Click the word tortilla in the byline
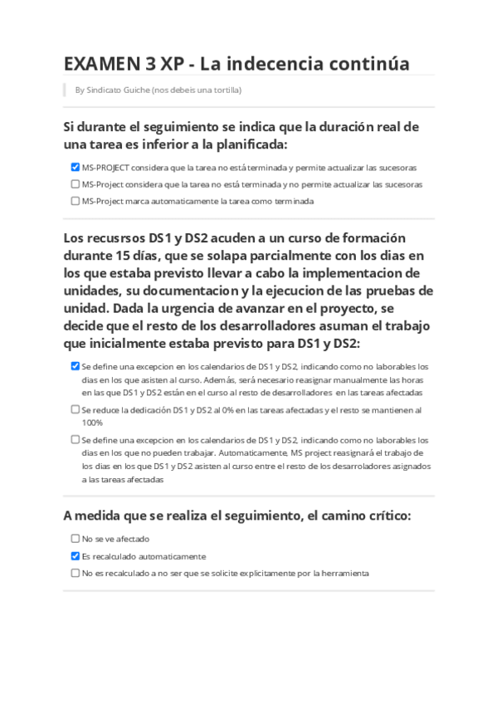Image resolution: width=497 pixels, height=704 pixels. tap(224, 90)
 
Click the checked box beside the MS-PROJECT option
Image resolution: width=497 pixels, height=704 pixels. tap(76, 167)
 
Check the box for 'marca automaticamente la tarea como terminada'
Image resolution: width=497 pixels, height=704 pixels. tap(76, 200)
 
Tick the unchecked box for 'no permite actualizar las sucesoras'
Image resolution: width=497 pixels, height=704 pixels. tap(76, 183)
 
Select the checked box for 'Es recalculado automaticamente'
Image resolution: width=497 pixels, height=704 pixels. tap(76, 556)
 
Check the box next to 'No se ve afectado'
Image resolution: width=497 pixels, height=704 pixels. tap(76, 539)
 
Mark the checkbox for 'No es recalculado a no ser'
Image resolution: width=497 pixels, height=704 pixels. tap(76, 573)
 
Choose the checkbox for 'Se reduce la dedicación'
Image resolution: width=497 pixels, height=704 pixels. tap(76, 409)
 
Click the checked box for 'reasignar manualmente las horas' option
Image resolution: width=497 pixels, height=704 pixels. tap(76, 365)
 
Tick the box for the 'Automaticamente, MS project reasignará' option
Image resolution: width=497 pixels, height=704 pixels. tap(76, 439)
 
